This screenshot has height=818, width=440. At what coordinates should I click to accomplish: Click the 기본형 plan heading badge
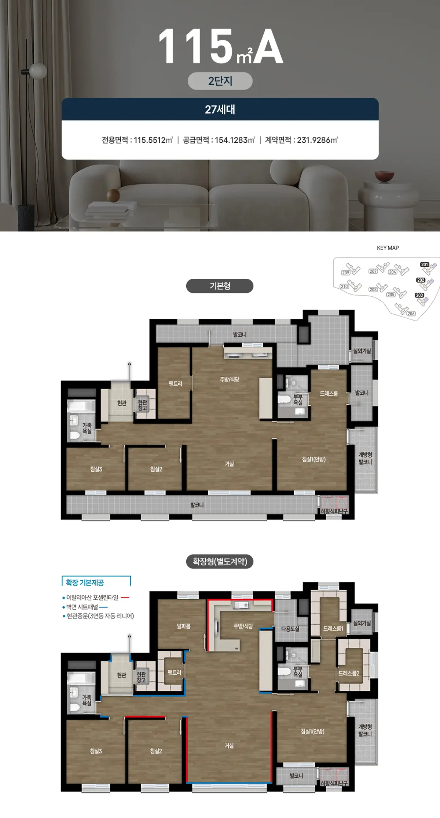point(220,286)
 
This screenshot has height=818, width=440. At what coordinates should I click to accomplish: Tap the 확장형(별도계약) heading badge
point(220,561)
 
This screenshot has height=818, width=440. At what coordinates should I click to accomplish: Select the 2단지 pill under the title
point(220,81)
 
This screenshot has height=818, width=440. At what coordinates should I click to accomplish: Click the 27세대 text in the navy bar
point(220,109)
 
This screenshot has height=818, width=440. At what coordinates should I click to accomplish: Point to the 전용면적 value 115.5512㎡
point(153,140)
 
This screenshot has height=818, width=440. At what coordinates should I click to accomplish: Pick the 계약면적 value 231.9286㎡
point(317,140)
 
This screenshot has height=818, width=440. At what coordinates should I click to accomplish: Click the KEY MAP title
point(388,248)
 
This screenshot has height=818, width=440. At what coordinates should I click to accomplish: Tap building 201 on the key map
point(425,264)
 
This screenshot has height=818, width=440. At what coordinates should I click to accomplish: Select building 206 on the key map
point(411,314)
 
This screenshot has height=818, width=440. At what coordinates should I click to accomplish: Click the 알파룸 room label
point(183,626)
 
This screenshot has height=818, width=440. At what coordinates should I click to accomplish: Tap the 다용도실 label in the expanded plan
point(290,629)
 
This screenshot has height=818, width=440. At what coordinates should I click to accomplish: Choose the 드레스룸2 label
point(349,673)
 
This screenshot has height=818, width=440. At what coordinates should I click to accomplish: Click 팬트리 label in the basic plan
point(175,384)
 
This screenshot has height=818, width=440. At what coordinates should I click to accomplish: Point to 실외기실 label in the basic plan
point(362,351)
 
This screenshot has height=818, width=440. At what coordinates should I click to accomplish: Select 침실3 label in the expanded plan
point(96,751)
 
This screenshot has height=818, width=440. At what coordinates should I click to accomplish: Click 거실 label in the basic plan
point(229,464)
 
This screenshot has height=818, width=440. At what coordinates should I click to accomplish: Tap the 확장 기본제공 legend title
point(85,583)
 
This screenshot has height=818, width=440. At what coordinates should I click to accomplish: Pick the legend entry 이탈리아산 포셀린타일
point(92,598)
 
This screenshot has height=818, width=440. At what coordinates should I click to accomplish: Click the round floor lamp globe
point(38,70)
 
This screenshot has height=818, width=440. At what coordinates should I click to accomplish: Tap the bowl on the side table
point(384,176)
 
